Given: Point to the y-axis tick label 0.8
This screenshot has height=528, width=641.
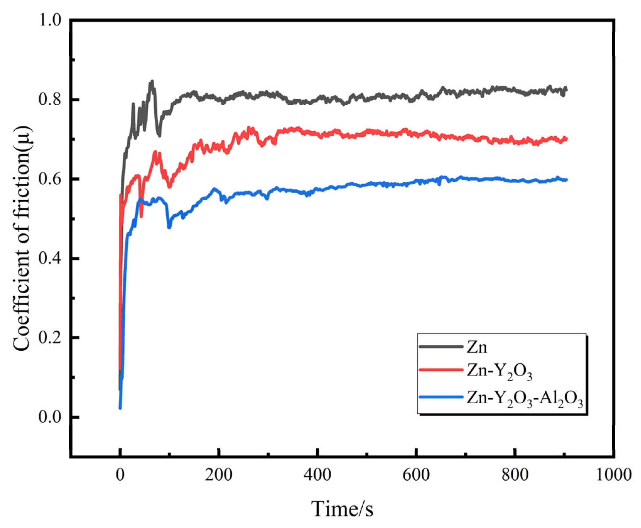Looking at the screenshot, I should click(50, 99).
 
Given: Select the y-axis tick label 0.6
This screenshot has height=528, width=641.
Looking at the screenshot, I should click(50, 179).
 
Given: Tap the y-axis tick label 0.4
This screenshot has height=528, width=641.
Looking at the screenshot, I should click(50, 259).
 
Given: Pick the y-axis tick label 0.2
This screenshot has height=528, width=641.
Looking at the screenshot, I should click(50, 338).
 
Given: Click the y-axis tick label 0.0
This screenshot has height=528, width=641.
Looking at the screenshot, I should click(50, 417).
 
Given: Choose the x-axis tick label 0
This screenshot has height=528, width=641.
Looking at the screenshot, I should click(120, 474).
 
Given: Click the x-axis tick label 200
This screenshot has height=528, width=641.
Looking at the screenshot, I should click(219, 474).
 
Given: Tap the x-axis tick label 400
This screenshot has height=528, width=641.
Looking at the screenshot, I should click(318, 474).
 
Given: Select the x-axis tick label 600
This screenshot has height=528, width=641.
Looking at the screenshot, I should click(416, 474).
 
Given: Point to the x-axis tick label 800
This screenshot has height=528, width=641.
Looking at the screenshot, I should click(515, 474).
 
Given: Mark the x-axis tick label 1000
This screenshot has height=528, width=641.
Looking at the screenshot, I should click(613, 474).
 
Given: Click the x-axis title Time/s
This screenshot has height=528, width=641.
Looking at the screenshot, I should click(342, 509).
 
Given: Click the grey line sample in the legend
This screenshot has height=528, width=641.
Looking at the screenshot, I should click(441, 347).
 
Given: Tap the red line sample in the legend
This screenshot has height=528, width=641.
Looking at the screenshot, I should click(441, 370).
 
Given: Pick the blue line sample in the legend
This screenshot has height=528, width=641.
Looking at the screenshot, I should click(441, 397).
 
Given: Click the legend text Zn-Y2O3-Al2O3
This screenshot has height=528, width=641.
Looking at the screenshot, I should click(525, 399).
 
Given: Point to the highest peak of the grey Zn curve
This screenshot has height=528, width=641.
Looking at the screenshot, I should click(152, 81).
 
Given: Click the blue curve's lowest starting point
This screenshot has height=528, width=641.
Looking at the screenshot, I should click(120, 408).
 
